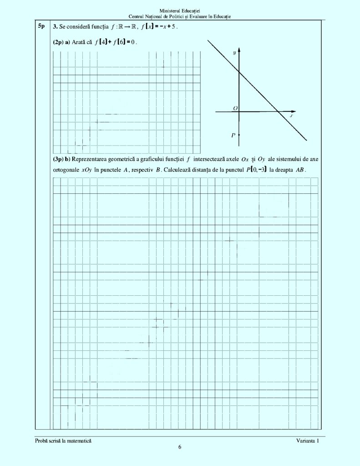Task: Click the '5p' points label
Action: click(x=41, y=26)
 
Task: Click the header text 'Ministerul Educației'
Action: click(x=180, y=10)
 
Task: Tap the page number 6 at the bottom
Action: click(x=180, y=447)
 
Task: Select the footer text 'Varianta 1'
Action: click(x=307, y=441)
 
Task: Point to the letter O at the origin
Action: click(x=235, y=108)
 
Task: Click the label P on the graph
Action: click(x=233, y=135)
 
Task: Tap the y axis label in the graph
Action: click(x=234, y=53)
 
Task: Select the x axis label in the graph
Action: click(x=291, y=116)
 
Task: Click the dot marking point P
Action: click(x=239, y=135)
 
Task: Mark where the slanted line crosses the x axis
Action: click(x=278, y=111)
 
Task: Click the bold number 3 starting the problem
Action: click(x=55, y=26)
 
